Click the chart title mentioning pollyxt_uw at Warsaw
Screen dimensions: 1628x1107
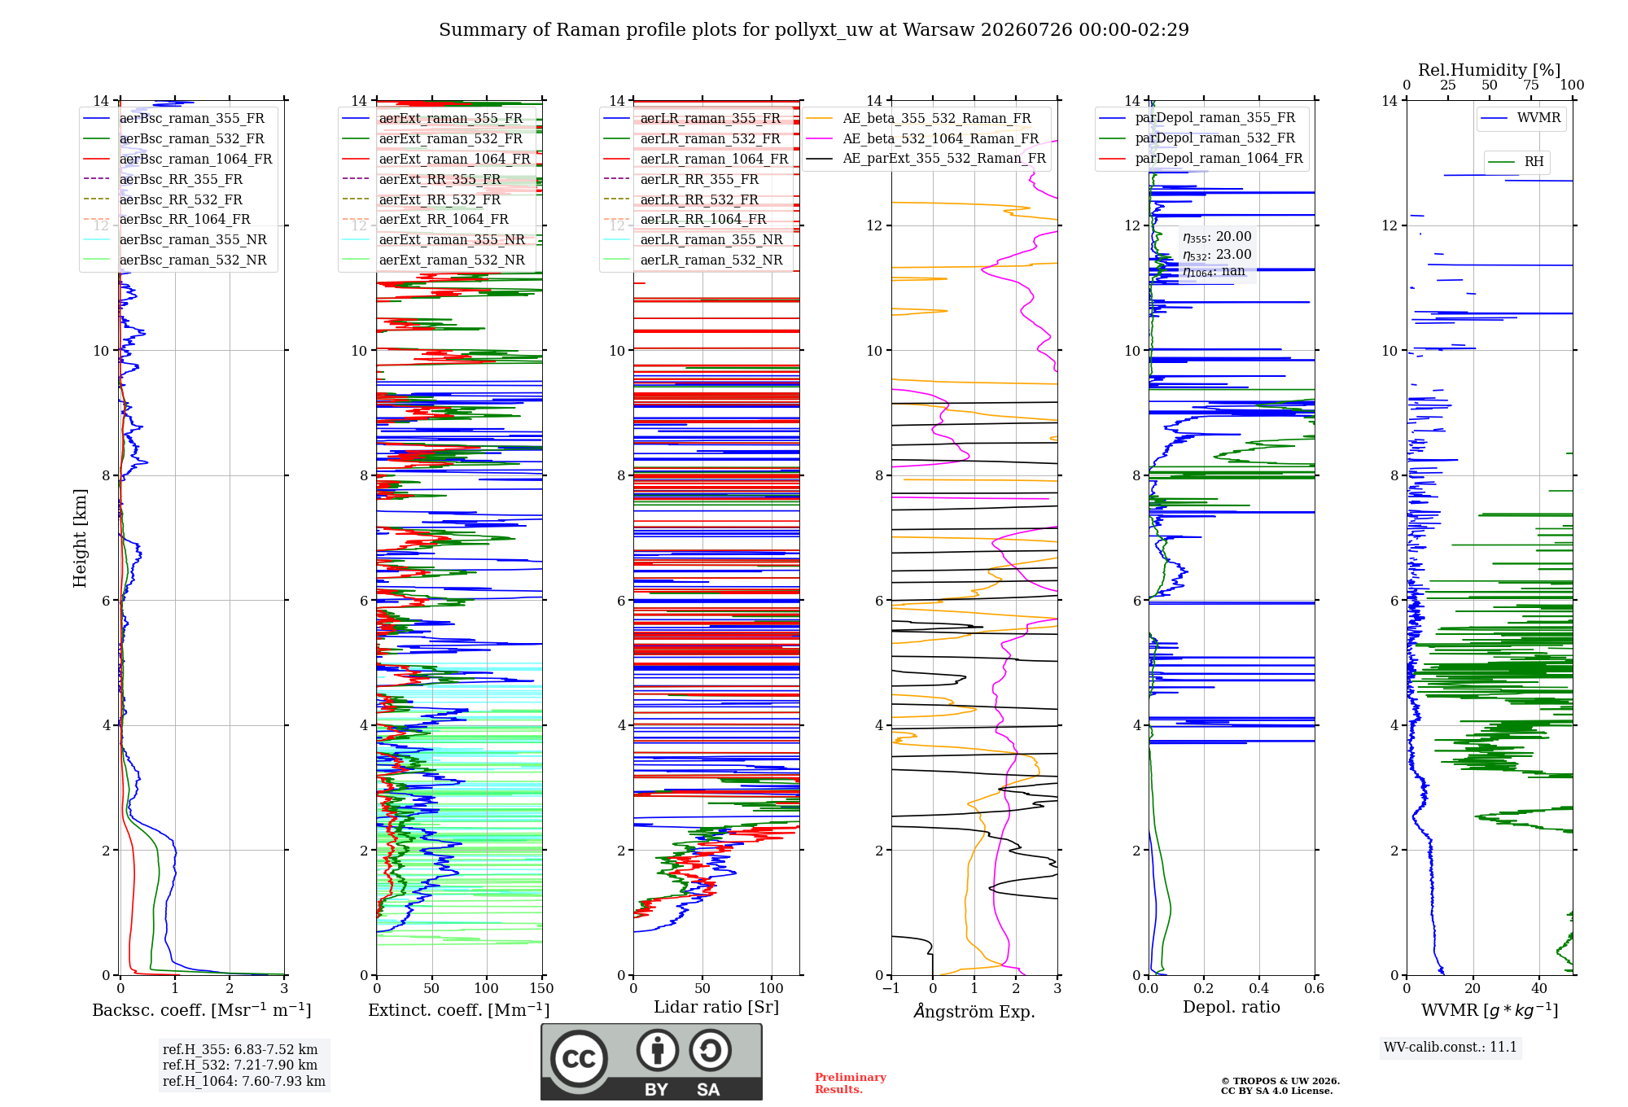[x=814, y=30]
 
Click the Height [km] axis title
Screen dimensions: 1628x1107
[x=80, y=538]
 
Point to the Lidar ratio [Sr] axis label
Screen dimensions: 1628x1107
[x=716, y=1007]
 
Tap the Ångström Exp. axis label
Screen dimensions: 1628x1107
[x=974, y=1011]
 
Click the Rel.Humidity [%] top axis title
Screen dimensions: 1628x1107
[x=1490, y=70]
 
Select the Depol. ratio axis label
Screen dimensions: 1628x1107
[x=1232, y=1007]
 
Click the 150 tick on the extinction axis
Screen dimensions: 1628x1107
[x=542, y=988]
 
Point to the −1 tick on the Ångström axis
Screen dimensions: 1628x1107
[x=891, y=988]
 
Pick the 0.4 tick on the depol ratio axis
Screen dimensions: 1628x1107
[x=1258, y=988]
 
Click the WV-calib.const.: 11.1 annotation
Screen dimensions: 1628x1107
[x=1451, y=1047]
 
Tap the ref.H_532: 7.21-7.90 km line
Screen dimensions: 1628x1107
[x=240, y=1065]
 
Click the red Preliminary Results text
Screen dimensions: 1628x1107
[x=851, y=1083]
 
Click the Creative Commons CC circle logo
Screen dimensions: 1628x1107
[x=579, y=1059]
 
